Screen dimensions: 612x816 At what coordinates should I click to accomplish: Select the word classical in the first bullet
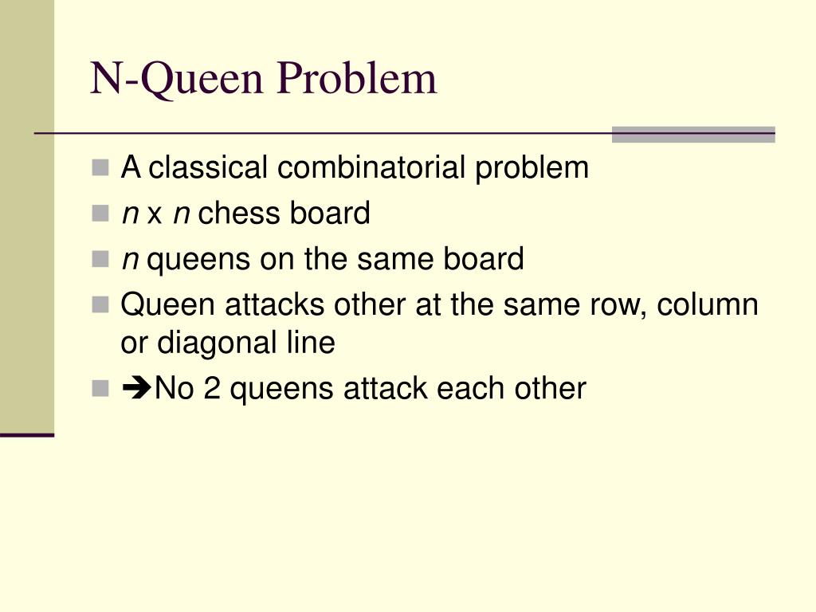tap(209, 168)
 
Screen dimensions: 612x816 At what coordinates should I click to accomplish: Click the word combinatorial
tap(373, 168)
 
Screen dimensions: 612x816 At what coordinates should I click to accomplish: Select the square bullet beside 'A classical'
tap(100, 168)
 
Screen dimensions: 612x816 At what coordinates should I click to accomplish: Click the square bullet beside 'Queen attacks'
tap(100, 305)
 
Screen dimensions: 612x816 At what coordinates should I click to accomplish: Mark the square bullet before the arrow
tap(100, 389)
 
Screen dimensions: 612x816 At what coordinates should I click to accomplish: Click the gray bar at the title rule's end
tap(693, 134)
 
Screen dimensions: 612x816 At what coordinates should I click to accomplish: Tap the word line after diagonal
tap(312, 343)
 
